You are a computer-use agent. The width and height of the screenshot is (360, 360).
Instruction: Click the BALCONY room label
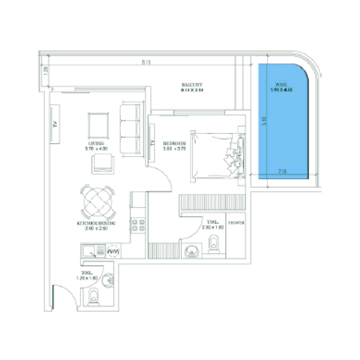click(x=192, y=85)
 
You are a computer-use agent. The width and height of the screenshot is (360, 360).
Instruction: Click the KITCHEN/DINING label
click(x=96, y=223)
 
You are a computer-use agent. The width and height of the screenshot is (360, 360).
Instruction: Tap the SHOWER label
click(x=236, y=223)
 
